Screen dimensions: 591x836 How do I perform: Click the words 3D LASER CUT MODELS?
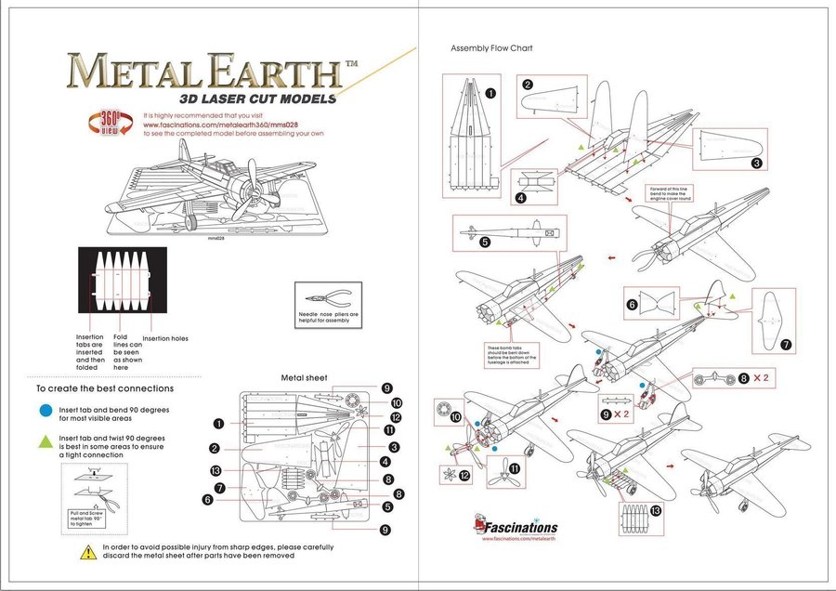click(x=257, y=99)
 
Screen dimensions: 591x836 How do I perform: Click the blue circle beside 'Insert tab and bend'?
click(x=46, y=409)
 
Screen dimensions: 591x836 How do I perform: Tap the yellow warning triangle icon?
click(x=88, y=552)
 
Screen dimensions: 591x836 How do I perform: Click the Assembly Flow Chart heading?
click(x=491, y=47)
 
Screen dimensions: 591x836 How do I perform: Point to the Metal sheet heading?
click(x=305, y=378)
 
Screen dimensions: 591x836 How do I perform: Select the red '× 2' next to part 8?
click(x=759, y=378)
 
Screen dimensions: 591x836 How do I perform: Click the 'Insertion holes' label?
click(x=164, y=338)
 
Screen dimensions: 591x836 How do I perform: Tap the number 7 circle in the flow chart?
click(x=786, y=345)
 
